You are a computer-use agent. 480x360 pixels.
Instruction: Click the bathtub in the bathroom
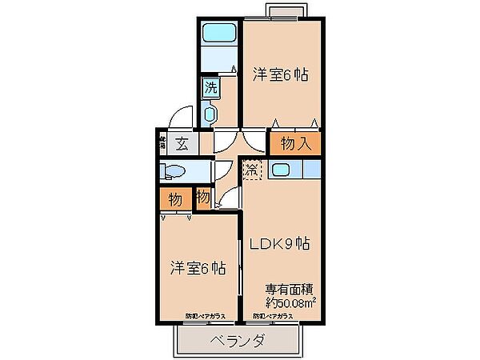218,34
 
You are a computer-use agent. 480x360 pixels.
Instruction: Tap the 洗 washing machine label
210,88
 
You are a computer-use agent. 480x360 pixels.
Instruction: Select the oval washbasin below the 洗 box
210,114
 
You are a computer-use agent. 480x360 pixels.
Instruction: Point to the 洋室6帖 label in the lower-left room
197,267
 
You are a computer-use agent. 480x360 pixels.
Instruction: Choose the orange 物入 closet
294,144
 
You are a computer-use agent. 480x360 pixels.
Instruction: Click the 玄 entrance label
182,145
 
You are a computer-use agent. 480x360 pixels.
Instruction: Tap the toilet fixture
172,171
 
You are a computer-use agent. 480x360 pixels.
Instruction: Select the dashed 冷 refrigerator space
253,170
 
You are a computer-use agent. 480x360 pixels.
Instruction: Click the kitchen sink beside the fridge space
281,170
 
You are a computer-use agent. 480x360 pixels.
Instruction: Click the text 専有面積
289,290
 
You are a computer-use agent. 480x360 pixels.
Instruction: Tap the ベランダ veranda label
238,340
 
